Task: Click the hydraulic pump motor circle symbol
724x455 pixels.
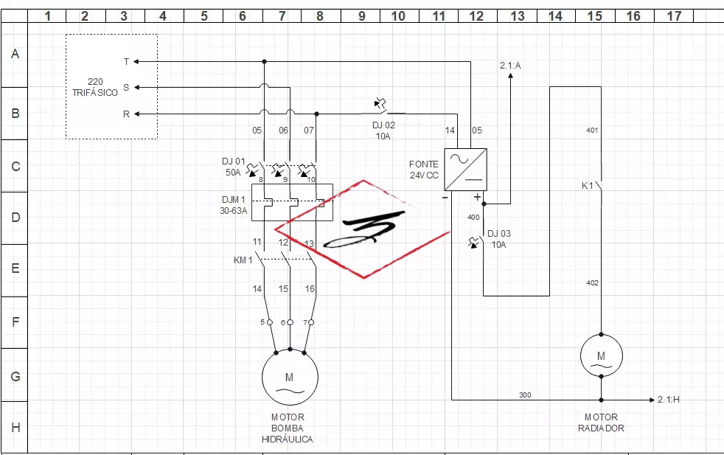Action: pos(290,376)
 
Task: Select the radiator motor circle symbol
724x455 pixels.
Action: pos(601,355)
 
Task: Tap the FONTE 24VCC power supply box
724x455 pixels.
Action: pos(465,169)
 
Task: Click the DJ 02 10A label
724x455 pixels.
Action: pos(383,131)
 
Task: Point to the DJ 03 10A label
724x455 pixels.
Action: pos(499,239)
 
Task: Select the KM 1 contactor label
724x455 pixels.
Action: pos(243,260)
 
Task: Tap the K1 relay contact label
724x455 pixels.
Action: pos(588,186)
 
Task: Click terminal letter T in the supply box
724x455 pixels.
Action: pos(126,62)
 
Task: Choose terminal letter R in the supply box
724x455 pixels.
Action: pos(126,114)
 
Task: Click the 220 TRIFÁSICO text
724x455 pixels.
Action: pos(95,88)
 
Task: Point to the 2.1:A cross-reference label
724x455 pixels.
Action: pos(510,66)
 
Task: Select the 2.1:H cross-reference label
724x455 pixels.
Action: pos(669,400)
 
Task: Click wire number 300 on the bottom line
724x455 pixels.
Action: pos(525,395)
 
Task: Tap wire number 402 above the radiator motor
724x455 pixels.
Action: pos(592,283)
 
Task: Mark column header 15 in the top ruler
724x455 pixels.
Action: pos(594,15)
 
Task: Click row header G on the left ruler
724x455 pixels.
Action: pos(15,375)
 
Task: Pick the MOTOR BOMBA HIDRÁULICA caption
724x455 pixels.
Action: pos(288,428)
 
